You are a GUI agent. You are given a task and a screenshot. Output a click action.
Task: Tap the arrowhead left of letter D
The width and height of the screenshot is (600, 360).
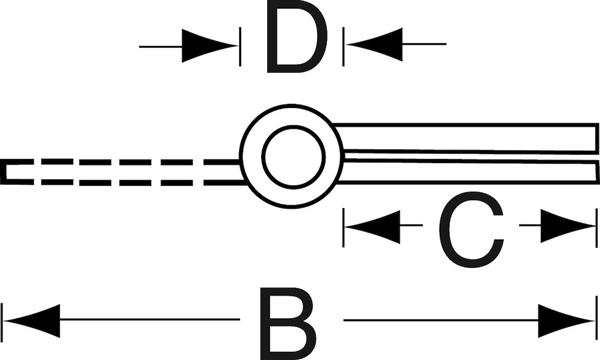(x=209, y=46)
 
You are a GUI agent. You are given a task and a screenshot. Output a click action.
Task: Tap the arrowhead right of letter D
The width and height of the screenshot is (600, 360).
(x=375, y=44)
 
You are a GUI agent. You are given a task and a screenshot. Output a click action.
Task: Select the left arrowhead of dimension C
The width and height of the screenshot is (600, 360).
(x=373, y=226)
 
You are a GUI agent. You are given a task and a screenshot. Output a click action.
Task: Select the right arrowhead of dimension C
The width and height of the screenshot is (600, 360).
(x=568, y=226)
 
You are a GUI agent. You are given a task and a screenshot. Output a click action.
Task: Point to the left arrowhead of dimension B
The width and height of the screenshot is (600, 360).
(x=32, y=321)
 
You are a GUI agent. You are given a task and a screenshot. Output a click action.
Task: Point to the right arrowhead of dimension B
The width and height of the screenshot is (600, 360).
(x=566, y=321)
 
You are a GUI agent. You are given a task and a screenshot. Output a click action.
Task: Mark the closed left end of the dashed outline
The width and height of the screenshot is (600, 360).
(x=3, y=172)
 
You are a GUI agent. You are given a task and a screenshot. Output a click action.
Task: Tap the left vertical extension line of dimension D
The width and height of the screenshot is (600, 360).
(x=240, y=46)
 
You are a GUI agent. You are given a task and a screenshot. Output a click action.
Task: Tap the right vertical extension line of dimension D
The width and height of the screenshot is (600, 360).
(x=343, y=46)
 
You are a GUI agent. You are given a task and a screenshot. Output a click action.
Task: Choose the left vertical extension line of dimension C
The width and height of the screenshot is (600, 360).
(x=344, y=228)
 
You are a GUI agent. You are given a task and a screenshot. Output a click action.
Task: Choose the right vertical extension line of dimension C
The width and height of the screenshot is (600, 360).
(x=597, y=228)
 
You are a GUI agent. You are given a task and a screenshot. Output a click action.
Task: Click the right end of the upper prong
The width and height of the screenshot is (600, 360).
(x=597, y=138)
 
